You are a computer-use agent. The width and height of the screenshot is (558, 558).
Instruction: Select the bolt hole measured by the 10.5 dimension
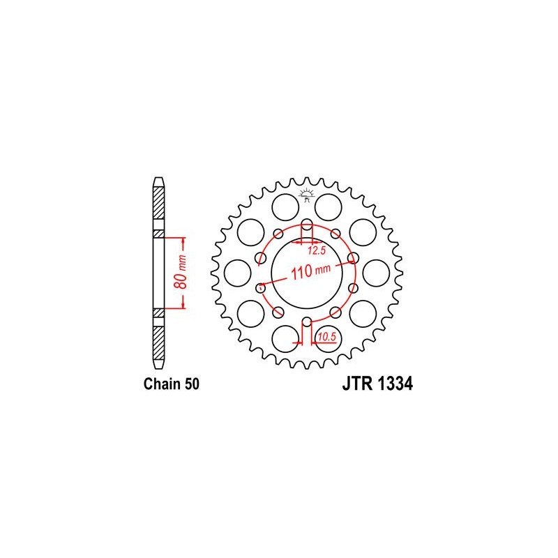click(x=306, y=322)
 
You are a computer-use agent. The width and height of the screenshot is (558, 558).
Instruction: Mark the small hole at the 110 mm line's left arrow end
click(x=262, y=286)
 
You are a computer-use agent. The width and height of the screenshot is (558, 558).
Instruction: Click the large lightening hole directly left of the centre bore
click(x=237, y=273)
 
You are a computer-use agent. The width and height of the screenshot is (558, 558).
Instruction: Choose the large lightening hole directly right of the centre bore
click(x=375, y=273)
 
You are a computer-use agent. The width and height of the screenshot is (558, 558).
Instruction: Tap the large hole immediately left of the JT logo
click(x=284, y=206)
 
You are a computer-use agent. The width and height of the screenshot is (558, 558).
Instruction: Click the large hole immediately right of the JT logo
click(x=328, y=206)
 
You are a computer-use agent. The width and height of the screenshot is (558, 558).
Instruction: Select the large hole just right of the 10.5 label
click(x=329, y=340)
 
